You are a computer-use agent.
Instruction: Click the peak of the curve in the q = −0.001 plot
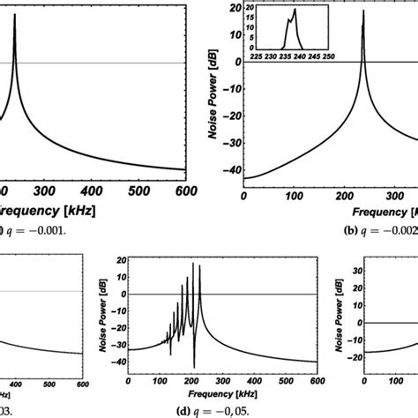[15, 15]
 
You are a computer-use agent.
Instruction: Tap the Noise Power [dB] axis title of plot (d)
[104, 314]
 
